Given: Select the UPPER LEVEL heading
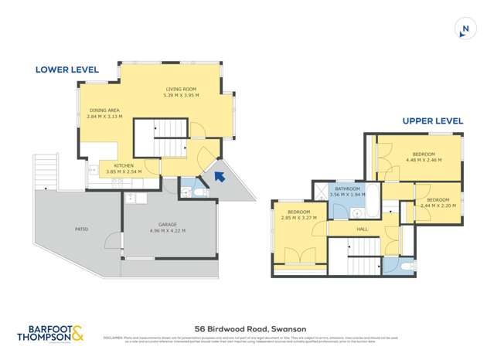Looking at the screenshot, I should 432,121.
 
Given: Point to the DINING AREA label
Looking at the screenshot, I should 105,110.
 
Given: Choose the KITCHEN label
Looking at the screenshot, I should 124,165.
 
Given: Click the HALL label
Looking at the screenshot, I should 362,229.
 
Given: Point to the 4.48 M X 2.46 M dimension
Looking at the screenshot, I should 423,160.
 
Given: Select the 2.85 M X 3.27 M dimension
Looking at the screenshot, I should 298,218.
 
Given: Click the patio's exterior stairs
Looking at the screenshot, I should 46,172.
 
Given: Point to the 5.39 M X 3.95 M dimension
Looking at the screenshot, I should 181,95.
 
